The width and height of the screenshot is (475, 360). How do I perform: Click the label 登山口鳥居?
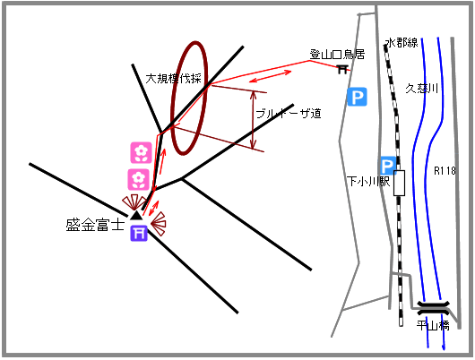click(x=337, y=55)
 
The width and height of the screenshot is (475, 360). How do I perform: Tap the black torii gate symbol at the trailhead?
click(x=342, y=69)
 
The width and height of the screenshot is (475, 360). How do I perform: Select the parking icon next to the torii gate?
click(x=358, y=97)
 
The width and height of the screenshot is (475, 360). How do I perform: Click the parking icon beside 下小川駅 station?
click(x=387, y=166)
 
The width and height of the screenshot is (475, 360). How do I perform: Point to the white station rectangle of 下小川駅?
click(x=399, y=183)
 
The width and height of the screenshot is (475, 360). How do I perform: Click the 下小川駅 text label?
click(x=368, y=182)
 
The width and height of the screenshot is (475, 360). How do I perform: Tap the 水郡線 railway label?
click(x=402, y=42)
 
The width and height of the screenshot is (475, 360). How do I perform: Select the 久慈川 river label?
click(x=422, y=89)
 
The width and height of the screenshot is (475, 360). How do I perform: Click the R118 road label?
click(x=445, y=171)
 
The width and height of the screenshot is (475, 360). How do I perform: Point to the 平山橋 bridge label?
click(x=433, y=325)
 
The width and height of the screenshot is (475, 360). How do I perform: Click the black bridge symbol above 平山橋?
click(x=433, y=308)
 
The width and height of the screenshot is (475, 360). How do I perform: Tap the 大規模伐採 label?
click(x=173, y=79)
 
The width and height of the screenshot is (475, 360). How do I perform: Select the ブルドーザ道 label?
click(x=289, y=114)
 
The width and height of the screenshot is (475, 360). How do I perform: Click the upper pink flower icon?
click(x=141, y=152)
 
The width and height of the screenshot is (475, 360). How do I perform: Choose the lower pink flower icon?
click(x=138, y=180)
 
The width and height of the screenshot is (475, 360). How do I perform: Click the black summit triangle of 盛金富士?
click(x=136, y=216)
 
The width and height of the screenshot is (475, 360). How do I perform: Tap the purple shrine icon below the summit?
click(x=139, y=233)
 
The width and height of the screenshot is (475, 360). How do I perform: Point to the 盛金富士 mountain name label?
click(x=95, y=225)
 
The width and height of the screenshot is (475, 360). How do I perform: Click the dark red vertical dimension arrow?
click(x=254, y=120)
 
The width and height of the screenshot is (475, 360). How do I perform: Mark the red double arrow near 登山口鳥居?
click(x=270, y=77)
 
